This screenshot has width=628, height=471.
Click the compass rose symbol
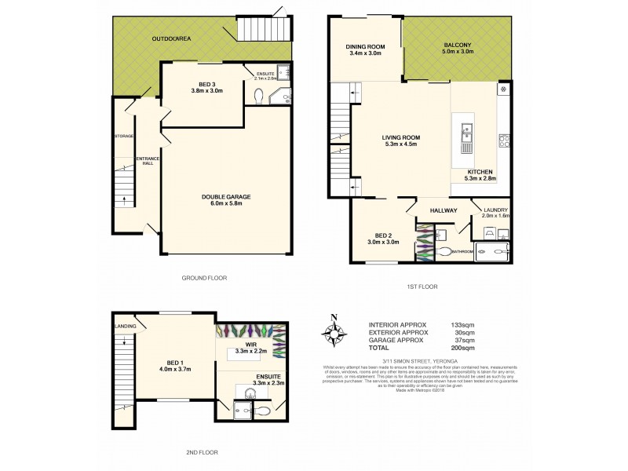(x=334, y=333)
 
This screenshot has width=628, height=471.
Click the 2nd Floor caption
(x=203, y=453)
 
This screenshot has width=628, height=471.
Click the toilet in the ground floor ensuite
(x=260, y=95)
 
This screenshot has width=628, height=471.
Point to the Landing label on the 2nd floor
(x=125, y=327)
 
